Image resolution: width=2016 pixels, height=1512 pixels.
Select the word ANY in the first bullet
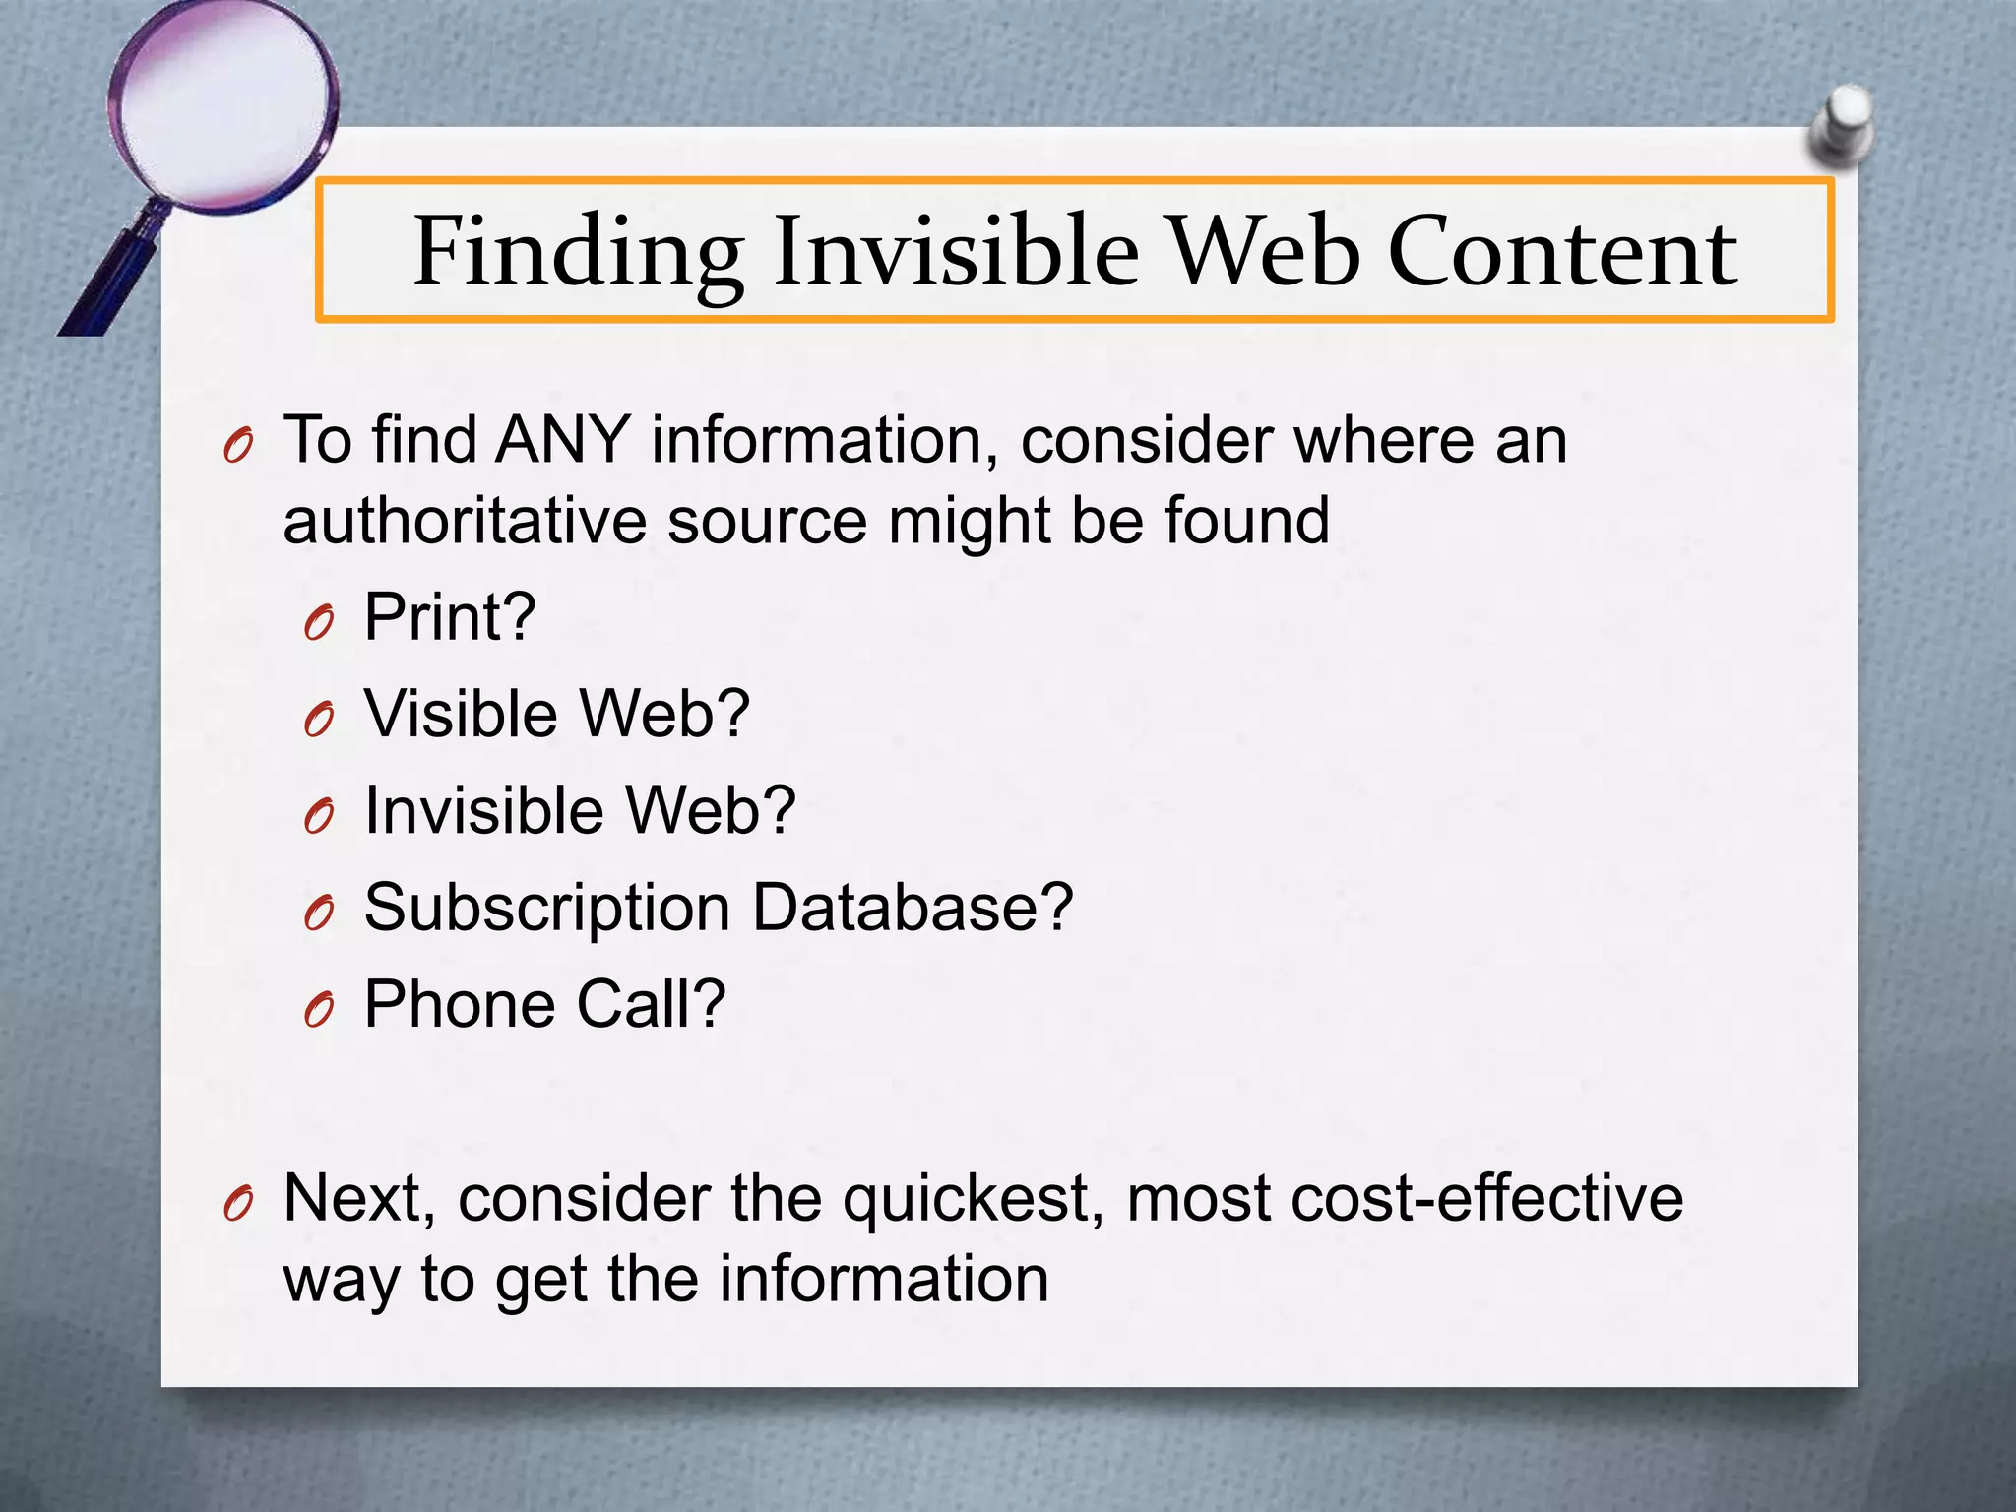(563, 440)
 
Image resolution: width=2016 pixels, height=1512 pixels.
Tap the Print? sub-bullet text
(450, 618)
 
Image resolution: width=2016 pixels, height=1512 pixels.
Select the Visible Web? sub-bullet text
(557, 714)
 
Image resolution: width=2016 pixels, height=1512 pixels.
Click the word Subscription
(547, 908)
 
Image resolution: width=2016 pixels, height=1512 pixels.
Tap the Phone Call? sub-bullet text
(544, 1004)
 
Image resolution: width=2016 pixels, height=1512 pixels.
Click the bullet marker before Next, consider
(238, 1204)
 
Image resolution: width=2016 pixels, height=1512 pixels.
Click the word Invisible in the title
(956, 254)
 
